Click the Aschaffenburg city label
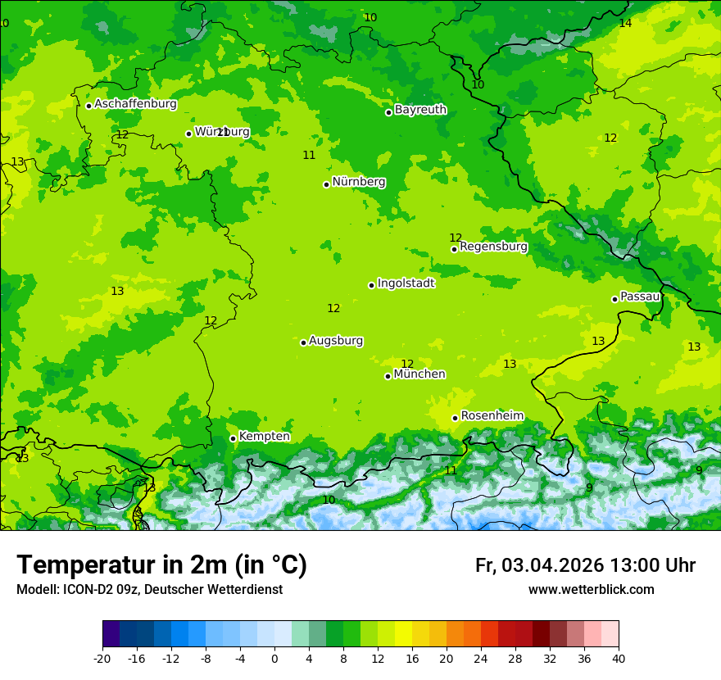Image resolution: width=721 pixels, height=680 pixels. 135,104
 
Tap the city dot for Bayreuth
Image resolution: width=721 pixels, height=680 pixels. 388,112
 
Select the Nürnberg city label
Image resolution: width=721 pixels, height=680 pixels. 359,182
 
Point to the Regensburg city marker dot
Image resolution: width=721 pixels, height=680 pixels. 454,249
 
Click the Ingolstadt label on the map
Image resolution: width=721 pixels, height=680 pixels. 406,283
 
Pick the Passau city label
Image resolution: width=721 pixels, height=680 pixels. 640,297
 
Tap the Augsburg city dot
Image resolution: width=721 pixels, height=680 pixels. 303,342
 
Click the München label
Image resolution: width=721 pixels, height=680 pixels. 419,374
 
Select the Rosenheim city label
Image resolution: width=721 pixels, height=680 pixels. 492,416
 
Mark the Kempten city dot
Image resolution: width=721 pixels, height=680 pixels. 233,438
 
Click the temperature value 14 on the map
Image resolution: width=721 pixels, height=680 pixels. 625,23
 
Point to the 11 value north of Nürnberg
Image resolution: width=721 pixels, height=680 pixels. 309,155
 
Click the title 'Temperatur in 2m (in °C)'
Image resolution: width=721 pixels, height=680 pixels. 161,565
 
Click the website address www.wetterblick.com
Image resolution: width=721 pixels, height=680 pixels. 591,590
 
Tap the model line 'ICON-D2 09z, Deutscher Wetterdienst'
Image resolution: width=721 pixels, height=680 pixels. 149,590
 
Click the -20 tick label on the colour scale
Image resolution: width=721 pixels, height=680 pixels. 102,659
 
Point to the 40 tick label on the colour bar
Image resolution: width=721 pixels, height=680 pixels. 619,659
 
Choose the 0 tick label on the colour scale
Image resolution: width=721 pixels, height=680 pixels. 274,659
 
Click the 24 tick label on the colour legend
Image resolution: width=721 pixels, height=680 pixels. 481,659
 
